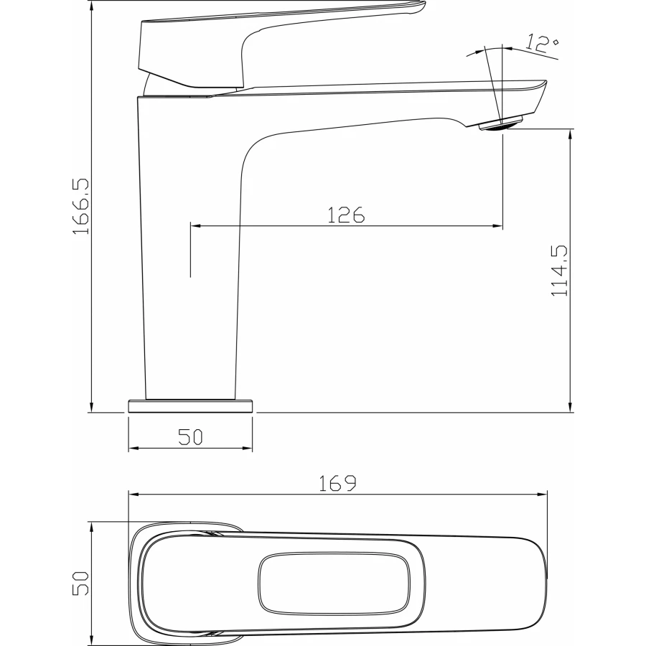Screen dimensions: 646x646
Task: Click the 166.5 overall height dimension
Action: (x=80, y=207)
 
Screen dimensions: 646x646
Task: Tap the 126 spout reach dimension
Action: (x=346, y=215)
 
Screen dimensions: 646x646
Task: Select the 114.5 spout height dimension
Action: (x=559, y=271)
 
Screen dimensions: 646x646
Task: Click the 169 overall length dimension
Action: (x=337, y=483)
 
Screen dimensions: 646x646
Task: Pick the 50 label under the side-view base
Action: (x=190, y=437)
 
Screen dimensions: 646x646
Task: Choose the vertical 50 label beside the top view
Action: (x=80, y=583)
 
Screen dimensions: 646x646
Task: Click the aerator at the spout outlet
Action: (x=500, y=124)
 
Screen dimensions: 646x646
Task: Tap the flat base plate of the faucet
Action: (x=190, y=406)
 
